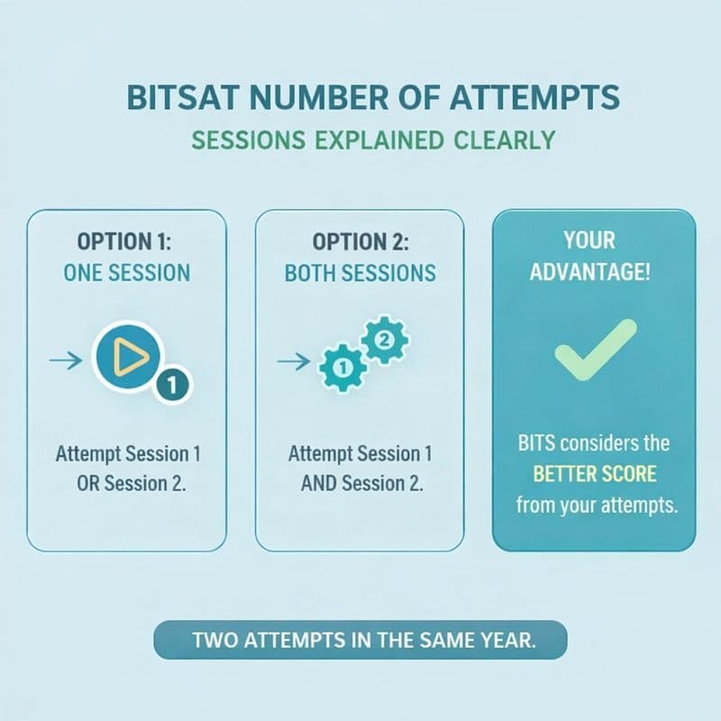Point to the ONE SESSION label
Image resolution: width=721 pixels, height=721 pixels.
tap(126, 273)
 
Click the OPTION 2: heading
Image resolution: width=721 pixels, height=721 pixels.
tap(360, 242)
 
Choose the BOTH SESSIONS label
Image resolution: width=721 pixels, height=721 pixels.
tap(360, 273)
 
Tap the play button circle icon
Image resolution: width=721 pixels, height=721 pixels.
tap(129, 357)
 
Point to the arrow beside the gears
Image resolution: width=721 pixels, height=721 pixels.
tap(296, 361)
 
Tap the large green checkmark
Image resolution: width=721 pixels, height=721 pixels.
tap(594, 350)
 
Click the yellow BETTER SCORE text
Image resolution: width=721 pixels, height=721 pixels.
tap(594, 473)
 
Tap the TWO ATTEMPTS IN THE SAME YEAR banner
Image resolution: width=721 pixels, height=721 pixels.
tap(360, 641)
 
